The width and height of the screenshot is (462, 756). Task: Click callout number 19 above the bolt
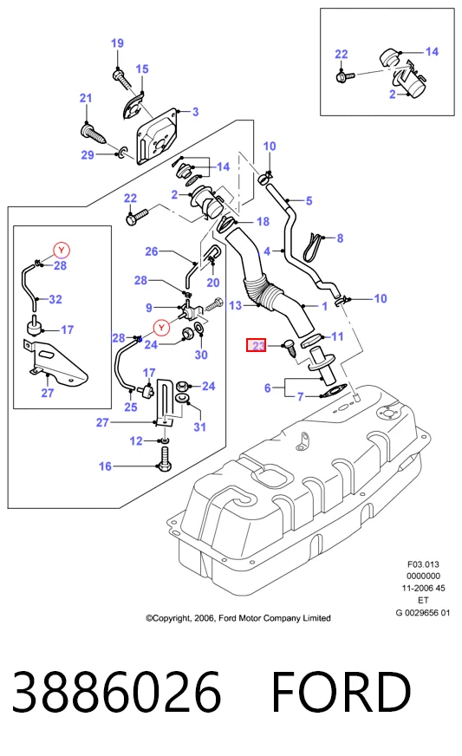pyautogui.click(x=117, y=43)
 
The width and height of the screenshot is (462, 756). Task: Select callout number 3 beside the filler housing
pyautogui.click(x=195, y=112)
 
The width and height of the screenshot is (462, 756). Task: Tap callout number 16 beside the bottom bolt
pyautogui.click(x=105, y=466)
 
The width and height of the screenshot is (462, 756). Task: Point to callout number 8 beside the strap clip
pyautogui.click(x=340, y=238)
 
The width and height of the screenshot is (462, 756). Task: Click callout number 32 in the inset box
pyautogui.click(x=55, y=299)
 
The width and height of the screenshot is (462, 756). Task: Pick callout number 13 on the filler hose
pyautogui.click(x=236, y=306)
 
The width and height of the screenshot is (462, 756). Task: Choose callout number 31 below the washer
pyautogui.click(x=199, y=427)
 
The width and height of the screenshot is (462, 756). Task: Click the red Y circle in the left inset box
pyautogui.click(x=62, y=251)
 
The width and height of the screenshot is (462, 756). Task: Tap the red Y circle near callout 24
pyautogui.click(x=161, y=328)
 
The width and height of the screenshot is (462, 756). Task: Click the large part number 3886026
pyautogui.click(x=117, y=691)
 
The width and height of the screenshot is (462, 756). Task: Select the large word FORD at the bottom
pyautogui.click(x=342, y=691)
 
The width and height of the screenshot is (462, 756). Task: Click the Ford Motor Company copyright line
pyautogui.click(x=238, y=618)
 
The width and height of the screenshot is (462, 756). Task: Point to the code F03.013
pyautogui.click(x=423, y=564)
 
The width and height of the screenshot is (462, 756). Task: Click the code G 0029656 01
pyautogui.click(x=422, y=613)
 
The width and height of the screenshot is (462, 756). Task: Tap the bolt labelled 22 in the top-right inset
pyautogui.click(x=345, y=76)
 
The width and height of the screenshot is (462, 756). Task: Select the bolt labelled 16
pyautogui.click(x=164, y=459)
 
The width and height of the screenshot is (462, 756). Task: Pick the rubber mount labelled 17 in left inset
pyautogui.click(x=35, y=325)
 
